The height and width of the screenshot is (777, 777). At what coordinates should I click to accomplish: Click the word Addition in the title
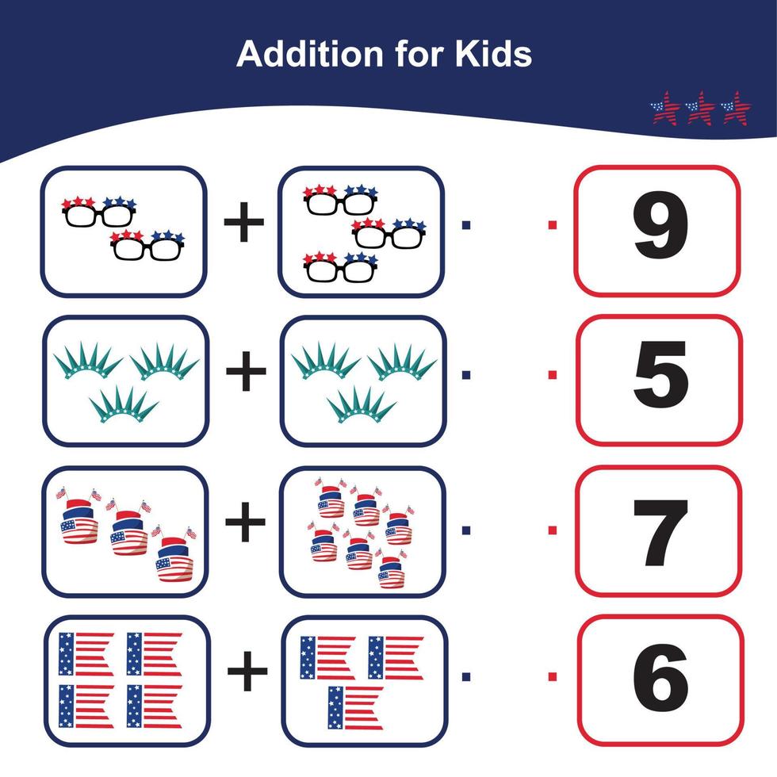(310, 54)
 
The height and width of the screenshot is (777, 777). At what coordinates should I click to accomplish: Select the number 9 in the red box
(660, 227)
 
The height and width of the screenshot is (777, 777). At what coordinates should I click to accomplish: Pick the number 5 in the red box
(661, 374)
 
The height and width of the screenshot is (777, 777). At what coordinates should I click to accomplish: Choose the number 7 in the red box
(660, 533)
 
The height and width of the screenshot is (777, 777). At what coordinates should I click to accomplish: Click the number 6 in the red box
(661, 677)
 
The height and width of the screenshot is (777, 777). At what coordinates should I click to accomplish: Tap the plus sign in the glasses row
(244, 222)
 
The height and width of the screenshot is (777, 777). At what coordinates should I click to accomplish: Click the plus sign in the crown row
(246, 371)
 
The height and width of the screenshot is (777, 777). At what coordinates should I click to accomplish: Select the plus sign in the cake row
(245, 522)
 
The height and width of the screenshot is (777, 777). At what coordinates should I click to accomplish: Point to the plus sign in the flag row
(247, 671)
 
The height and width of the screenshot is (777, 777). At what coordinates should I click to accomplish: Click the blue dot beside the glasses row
(466, 225)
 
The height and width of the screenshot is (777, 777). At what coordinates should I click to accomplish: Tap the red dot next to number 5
(553, 374)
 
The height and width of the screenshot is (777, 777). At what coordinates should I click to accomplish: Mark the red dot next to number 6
(553, 676)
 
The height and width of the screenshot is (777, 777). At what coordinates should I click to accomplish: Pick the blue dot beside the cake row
(466, 530)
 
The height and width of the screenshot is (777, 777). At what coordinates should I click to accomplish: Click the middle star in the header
(700, 108)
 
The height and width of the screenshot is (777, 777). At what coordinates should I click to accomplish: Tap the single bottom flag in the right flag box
(355, 707)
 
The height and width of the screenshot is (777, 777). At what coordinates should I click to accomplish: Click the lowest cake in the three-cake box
(174, 556)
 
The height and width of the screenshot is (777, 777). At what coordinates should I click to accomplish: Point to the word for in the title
(419, 54)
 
